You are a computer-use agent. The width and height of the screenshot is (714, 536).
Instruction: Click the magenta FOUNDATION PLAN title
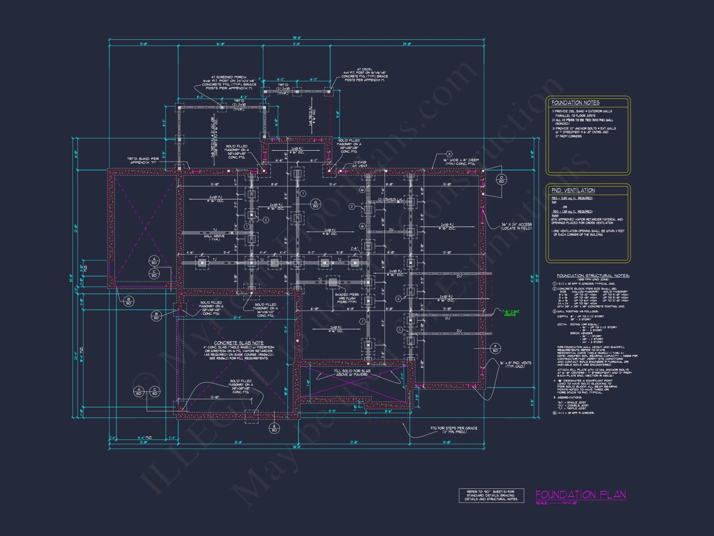tap(580, 495)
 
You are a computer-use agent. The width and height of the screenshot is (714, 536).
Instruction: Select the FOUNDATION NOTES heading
tap(575, 103)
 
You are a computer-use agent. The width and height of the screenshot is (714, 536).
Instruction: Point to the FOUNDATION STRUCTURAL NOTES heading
tap(593, 276)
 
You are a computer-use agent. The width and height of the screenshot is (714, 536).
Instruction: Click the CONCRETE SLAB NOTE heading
tap(238, 343)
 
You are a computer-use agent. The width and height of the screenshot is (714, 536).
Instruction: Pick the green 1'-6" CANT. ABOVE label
tap(511, 313)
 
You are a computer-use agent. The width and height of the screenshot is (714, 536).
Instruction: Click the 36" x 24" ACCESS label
tap(516, 226)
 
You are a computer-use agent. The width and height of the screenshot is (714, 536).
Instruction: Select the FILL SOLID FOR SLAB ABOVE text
tap(352, 373)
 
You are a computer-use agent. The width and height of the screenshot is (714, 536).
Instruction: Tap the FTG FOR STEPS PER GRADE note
tap(454, 430)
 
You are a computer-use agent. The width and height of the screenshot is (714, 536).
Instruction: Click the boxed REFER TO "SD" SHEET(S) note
tap(491, 495)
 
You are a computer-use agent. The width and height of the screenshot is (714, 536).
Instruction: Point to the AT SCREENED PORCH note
tap(229, 83)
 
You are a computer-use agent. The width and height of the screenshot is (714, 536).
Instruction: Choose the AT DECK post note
tap(364, 75)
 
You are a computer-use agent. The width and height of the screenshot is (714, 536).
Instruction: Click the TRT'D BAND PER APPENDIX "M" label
tap(143, 160)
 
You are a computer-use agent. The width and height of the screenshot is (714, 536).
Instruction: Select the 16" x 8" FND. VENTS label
tap(516, 364)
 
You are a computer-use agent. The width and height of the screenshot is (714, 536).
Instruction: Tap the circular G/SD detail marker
tap(316, 204)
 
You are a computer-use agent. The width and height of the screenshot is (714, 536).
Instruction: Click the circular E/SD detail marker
tap(274, 428)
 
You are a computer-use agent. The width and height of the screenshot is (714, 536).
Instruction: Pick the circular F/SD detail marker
tap(495, 348)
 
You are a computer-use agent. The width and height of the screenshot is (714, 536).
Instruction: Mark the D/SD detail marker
tap(501, 179)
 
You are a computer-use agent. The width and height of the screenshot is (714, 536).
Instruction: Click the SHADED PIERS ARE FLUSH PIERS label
tap(347, 298)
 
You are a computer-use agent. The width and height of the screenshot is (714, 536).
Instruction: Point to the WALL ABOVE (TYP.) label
tap(214, 238)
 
